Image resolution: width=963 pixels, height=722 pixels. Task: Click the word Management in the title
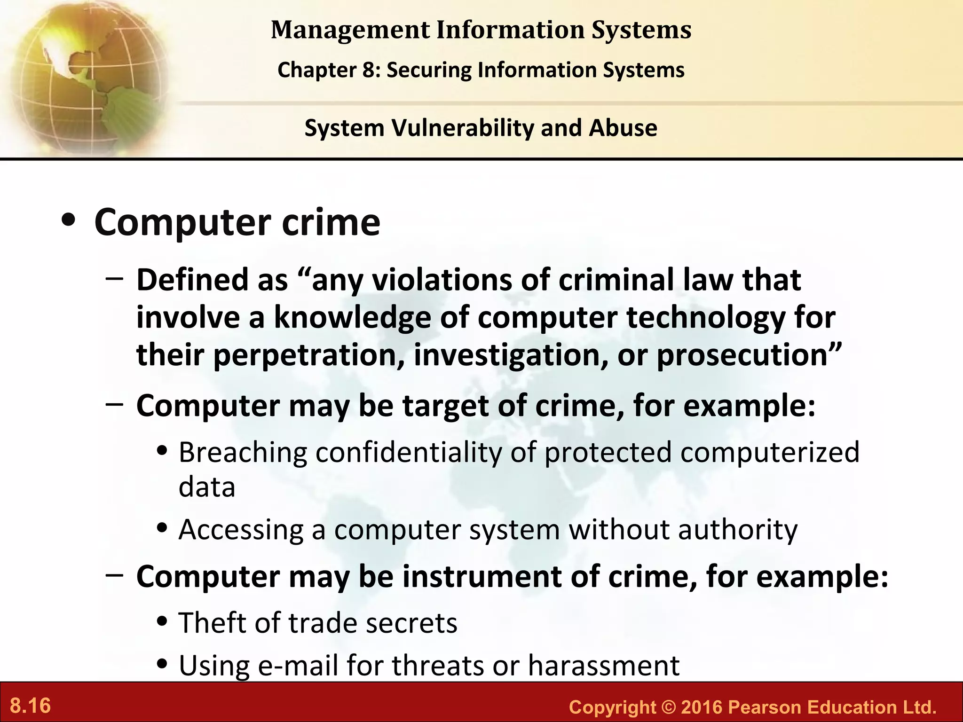[350, 30]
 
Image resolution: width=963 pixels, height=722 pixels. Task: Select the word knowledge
[352, 318]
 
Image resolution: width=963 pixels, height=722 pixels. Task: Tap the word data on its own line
[207, 487]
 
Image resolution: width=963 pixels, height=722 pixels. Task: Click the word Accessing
[241, 530]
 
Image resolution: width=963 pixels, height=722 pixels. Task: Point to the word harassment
[604, 666]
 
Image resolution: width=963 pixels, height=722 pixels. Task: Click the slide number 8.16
[31, 706]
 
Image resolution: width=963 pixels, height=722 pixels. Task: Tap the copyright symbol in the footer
[668, 707]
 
